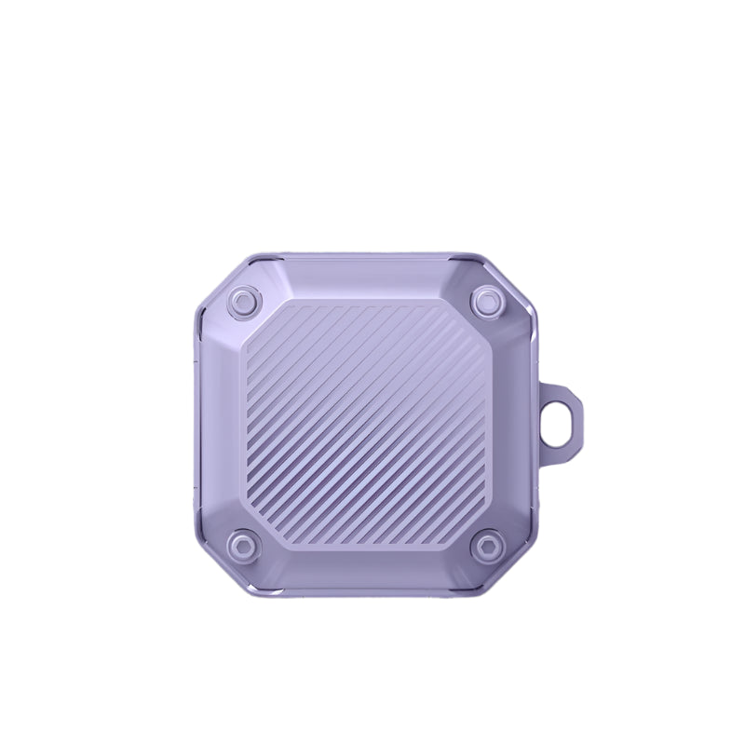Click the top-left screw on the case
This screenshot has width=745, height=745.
(x=244, y=301)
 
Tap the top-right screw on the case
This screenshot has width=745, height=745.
(x=487, y=301)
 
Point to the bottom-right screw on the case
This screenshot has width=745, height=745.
(x=487, y=545)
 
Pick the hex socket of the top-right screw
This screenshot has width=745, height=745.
(x=487, y=301)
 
